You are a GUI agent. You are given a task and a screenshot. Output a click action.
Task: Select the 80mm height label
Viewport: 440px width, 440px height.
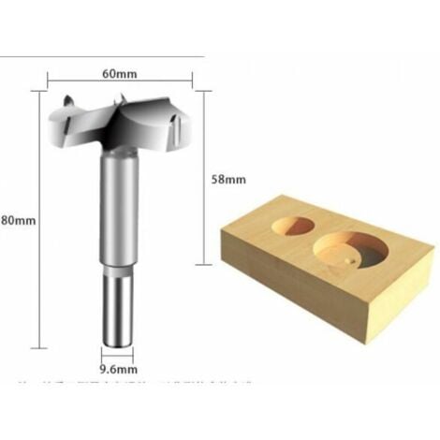click(18, 221)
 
